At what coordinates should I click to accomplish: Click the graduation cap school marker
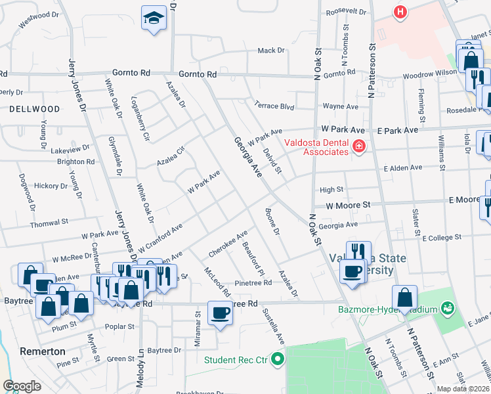click(x=154, y=18)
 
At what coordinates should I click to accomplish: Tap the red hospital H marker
click(x=399, y=11)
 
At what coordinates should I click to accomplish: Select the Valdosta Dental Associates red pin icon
click(x=358, y=146)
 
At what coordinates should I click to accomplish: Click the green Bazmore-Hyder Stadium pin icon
click(x=448, y=307)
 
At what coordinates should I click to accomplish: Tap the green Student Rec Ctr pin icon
click(x=277, y=359)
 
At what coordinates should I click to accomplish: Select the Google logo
click(x=22, y=386)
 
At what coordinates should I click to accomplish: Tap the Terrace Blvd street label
click(x=274, y=104)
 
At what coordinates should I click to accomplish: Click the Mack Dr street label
click(x=270, y=51)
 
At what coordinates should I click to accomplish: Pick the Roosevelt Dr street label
click(x=345, y=11)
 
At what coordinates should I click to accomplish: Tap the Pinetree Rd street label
click(x=253, y=283)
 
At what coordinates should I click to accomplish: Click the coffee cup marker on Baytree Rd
click(x=220, y=313)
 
